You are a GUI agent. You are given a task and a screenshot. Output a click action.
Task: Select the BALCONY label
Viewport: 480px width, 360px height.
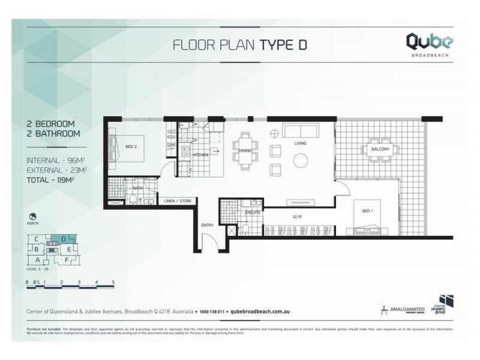[380, 149]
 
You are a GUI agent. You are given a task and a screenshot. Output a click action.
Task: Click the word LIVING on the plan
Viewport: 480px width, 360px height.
[301, 143]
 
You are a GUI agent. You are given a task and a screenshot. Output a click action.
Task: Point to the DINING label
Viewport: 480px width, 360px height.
[245, 151]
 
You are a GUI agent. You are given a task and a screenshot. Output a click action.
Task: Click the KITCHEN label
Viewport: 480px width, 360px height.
[200, 154]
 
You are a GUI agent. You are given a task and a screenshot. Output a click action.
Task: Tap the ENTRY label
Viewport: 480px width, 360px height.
[208, 225]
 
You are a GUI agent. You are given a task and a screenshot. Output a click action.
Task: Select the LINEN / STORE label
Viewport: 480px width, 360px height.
[177, 201]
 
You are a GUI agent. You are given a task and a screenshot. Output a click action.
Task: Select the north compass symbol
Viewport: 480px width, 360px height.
[31, 216]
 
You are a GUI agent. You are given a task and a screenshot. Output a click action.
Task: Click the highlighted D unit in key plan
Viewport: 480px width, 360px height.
[63, 239]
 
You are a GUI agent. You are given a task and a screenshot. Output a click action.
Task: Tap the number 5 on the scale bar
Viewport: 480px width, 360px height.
[113, 281]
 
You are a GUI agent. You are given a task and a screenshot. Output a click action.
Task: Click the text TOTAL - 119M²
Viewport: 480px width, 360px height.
[56, 180]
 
